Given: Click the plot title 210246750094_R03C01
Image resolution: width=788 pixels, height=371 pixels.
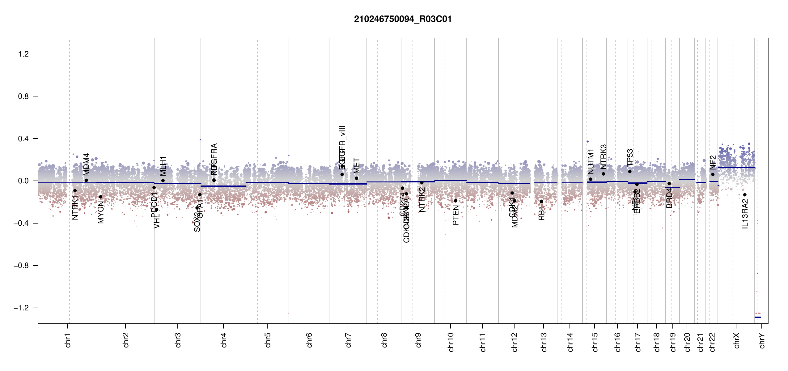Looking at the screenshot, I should (x=403, y=19).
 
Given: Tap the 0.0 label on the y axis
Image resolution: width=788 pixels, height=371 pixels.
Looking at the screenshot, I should (x=23, y=181).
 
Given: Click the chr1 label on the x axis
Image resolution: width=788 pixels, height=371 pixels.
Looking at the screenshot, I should (x=68, y=340).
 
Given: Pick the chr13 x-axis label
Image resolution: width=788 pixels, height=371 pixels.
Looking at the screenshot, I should (x=544, y=342).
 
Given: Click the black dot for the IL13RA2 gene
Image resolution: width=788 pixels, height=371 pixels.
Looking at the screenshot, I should (x=745, y=195).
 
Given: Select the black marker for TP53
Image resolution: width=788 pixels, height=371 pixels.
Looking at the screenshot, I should (x=630, y=172).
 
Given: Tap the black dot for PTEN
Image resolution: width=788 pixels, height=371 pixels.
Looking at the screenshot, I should (x=455, y=201).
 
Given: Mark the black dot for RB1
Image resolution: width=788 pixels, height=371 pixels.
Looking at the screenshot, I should (x=541, y=202).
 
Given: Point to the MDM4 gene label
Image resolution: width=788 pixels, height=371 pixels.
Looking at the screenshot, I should (x=86, y=164).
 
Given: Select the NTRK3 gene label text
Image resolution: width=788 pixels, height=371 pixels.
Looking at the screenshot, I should (x=604, y=156).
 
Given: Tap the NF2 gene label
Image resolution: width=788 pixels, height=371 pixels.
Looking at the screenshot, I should (x=713, y=162).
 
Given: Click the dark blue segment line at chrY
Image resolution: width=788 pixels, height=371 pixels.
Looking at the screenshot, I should (x=758, y=317).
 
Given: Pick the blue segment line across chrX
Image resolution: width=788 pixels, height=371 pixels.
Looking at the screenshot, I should (x=736, y=168).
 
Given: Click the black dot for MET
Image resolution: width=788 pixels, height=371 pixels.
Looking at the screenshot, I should (x=357, y=178).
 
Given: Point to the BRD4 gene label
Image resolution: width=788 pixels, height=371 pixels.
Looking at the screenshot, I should (x=669, y=198).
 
